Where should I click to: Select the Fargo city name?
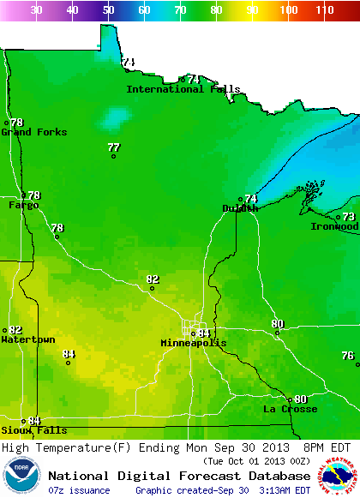click(x=23, y=206)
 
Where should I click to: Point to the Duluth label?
click(x=240, y=208)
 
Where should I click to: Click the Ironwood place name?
click(x=334, y=226)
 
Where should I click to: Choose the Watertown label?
click(x=28, y=340)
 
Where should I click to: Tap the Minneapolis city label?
click(x=194, y=343)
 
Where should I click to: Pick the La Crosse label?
click(x=290, y=410)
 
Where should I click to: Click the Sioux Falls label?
click(x=33, y=430)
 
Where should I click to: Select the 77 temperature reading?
click(x=114, y=147)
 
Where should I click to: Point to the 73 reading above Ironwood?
click(x=348, y=217)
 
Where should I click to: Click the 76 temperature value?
click(x=347, y=356)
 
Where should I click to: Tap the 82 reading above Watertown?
click(x=15, y=330)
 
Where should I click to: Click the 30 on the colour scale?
click(x=37, y=9)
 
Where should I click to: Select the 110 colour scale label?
click(x=324, y=9)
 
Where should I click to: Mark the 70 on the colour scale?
click(x=180, y=9)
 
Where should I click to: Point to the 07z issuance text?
click(x=79, y=490)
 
